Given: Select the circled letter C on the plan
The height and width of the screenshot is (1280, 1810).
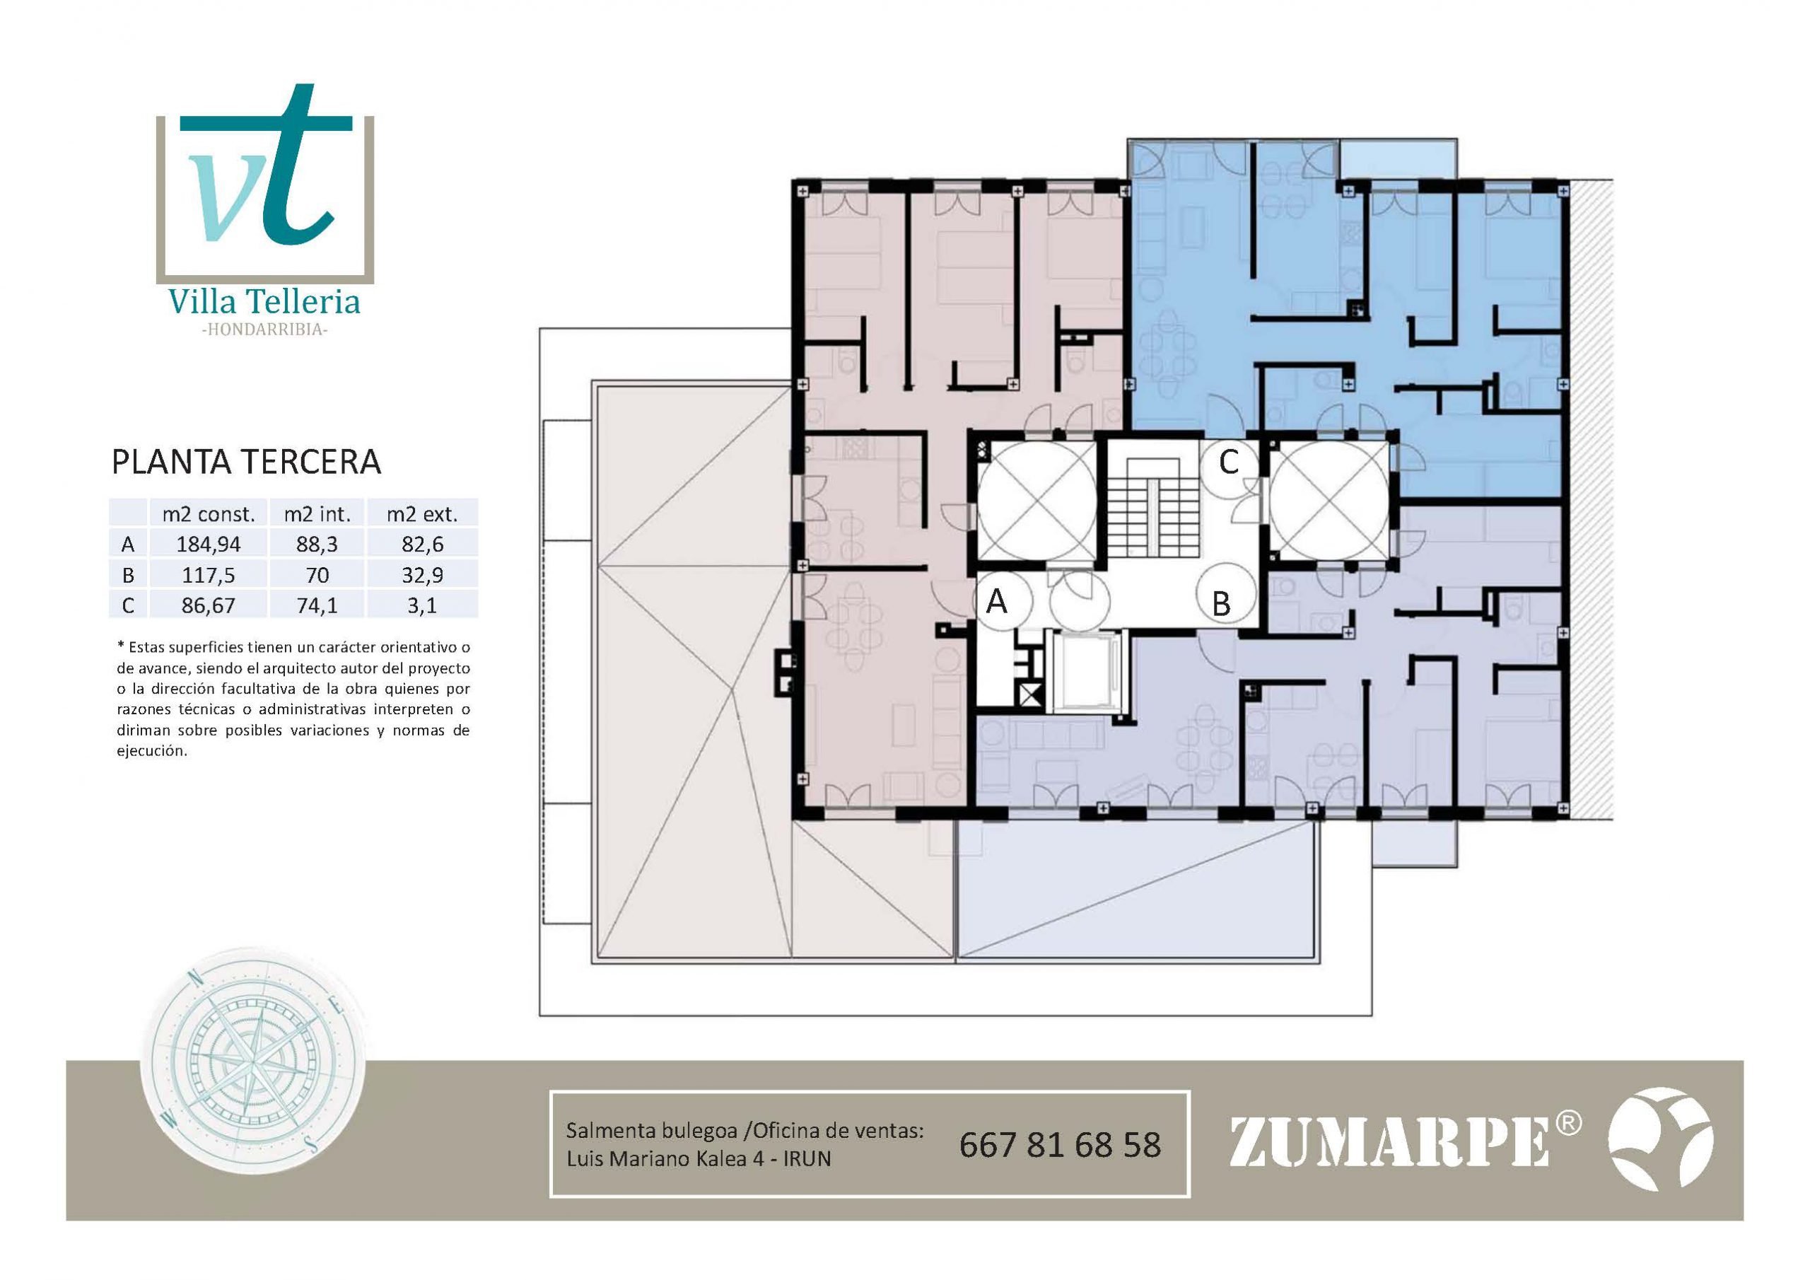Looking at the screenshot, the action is click(x=1228, y=463).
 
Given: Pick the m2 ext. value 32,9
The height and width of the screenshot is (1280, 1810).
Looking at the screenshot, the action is click(x=422, y=575).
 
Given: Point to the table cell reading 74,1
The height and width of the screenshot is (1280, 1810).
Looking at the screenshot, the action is click(x=317, y=605).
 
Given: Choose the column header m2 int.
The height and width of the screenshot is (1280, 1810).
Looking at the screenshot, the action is click(x=317, y=514).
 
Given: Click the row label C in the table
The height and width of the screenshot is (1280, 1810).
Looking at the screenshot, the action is click(x=128, y=605).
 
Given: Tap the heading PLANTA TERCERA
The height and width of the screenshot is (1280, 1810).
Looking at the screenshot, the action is click(x=247, y=462).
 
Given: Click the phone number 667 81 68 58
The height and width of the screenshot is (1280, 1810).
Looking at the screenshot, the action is click(x=1060, y=1145).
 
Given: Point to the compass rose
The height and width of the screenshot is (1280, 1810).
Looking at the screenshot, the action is click(x=252, y=1072).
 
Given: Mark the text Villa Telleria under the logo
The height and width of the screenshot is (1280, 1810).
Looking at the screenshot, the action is click(x=264, y=301).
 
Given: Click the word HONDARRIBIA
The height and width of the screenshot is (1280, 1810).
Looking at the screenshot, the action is click(x=264, y=330).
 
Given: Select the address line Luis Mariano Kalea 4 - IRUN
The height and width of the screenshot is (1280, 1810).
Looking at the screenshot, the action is click(x=699, y=1159).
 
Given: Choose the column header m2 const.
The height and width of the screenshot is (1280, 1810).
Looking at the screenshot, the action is click(x=208, y=514).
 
